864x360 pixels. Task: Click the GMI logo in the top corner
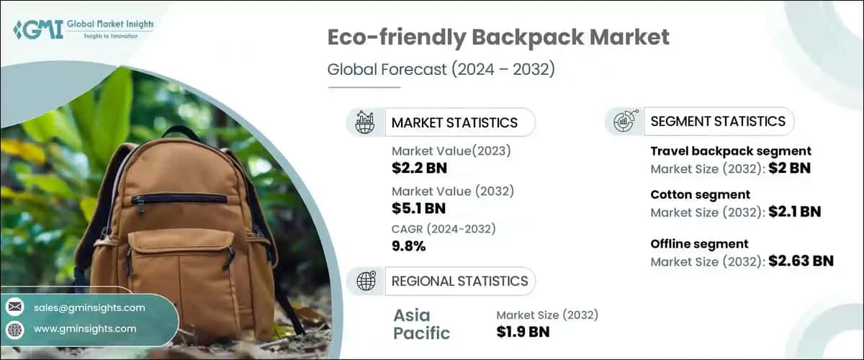(x=83, y=30)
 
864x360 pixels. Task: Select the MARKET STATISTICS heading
(x=454, y=122)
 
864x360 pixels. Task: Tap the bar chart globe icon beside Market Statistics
(x=365, y=122)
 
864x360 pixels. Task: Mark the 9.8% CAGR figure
(x=408, y=246)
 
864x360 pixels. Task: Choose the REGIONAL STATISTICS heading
(x=459, y=281)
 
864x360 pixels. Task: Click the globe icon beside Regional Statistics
(x=366, y=281)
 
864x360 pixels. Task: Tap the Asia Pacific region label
(x=422, y=324)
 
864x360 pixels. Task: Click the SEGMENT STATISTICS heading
(x=718, y=121)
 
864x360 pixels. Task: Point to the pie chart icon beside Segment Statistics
(x=624, y=121)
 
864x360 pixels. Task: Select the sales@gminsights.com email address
(x=89, y=307)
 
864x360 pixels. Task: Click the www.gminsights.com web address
(x=85, y=328)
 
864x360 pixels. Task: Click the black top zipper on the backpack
(x=179, y=198)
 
